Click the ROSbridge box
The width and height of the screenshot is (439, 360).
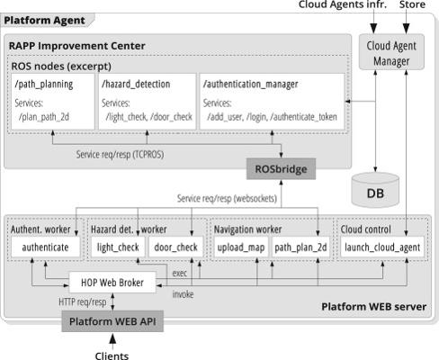(x=281, y=169)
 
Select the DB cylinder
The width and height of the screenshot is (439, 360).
(x=375, y=190)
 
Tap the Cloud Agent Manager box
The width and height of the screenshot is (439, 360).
(x=391, y=52)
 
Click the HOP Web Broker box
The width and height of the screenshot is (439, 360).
(x=112, y=283)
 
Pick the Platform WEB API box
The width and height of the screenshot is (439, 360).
(x=112, y=321)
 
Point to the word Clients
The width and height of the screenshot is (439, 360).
(x=112, y=355)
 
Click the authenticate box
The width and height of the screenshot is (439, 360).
(x=46, y=247)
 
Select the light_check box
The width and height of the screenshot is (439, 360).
(x=118, y=247)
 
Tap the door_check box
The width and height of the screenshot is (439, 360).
(x=175, y=247)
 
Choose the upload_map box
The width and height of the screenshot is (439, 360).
(x=241, y=247)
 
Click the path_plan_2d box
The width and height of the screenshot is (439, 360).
(x=300, y=247)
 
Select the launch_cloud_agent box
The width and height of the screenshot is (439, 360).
(x=382, y=247)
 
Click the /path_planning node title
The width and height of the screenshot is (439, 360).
(x=44, y=85)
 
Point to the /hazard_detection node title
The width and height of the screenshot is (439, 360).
(x=136, y=84)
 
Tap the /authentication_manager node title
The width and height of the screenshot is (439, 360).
(x=251, y=85)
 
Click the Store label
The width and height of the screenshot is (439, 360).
(x=412, y=4)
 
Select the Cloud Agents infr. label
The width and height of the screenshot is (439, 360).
(x=343, y=4)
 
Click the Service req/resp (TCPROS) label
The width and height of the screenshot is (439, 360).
(x=120, y=155)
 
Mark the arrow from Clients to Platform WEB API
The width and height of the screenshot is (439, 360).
(x=112, y=342)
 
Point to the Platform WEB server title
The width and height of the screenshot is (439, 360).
(x=374, y=307)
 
